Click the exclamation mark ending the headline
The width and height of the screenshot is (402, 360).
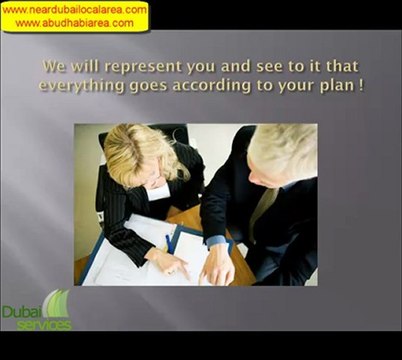click(x=361, y=85)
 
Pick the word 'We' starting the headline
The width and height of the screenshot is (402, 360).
click(x=55, y=66)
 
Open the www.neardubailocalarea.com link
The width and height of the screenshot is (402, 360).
click(x=74, y=9)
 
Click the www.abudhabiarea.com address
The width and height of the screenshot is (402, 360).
click(x=74, y=22)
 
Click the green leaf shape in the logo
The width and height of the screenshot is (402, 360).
click(x=59, y=303)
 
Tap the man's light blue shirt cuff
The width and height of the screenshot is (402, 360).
click(x=216, y=241)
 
